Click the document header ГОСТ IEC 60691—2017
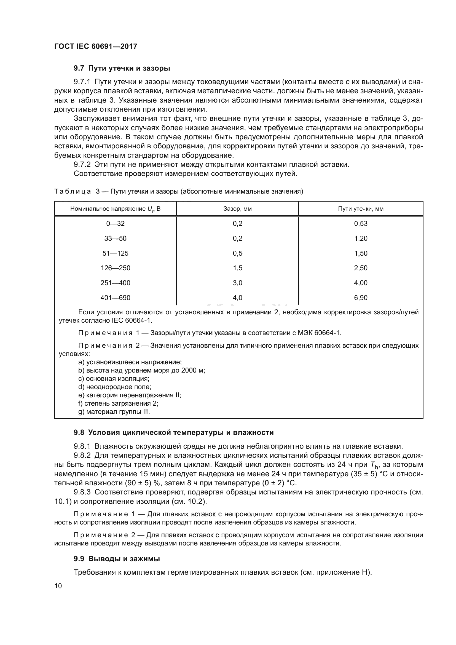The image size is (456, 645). click(x=96, y=46)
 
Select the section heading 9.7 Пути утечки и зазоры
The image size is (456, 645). click(x=122, y=68)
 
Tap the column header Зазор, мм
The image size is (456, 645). click(x=237, y=209)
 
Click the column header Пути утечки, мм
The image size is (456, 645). click(x=361, y=209)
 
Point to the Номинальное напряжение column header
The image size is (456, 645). click(x=115, y=209)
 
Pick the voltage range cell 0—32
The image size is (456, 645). click(x=115, y=224)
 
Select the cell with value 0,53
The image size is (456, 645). click(x=361, y=224)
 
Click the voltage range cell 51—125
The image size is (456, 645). click(x=115, y=253)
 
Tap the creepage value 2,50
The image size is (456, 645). click(x=361, y=268)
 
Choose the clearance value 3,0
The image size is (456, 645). click(x=237, y=283)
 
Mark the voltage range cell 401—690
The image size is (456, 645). click(x=115, y=298)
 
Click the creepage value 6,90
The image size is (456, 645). click(x=361, y=298)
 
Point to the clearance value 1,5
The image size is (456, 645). click(x=237, y=268)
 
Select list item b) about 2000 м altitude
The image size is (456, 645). click(x=141, y=370)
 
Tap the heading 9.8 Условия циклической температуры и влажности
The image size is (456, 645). click(x=173, y=432)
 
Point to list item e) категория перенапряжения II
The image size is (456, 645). click(x=130, y=395)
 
